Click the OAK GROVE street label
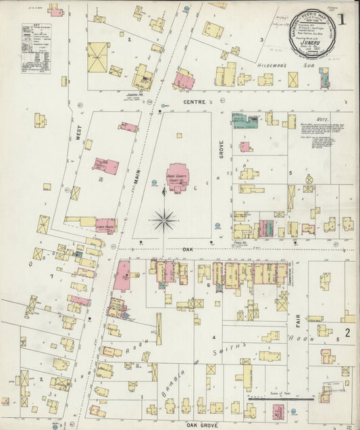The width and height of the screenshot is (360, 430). [x=201, y=425]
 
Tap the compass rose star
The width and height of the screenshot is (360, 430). [x=164, y=219]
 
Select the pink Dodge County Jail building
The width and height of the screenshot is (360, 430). [x=105, y=166]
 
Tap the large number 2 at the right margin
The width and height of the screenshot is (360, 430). [x=346, y=333]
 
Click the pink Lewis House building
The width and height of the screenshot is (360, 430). [x=105, y=226]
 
